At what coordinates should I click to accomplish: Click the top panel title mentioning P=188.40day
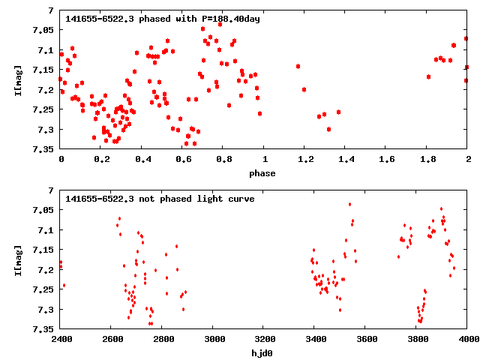tap(163, 18)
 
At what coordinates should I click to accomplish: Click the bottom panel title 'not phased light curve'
tap(160, 199)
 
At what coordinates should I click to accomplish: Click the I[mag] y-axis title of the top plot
tap(17, 79)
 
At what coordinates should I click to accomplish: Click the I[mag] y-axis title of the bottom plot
tap(17, 259)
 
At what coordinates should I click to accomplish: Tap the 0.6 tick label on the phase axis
tap(183, 159)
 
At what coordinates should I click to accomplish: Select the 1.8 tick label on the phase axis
tap(427, 159)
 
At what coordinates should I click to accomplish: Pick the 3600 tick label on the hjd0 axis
tap(366, 339)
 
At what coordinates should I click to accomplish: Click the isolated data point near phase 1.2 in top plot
tap(304, 89)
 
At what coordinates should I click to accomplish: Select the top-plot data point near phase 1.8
tap(428, 76)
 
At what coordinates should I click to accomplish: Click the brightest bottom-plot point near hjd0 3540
tap(349, 204)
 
